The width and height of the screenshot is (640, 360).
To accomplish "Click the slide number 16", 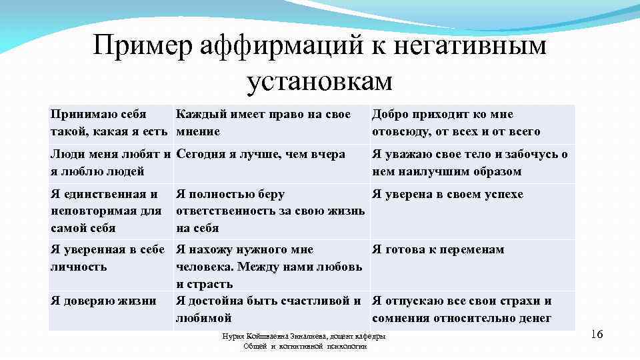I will pyautogui.click(x=597, y=333).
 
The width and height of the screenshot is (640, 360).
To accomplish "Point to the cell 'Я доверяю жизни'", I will pyautogui.click(x=103, y=301).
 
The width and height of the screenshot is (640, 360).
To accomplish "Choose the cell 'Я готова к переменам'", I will pyautogui.click(x=438, y=249).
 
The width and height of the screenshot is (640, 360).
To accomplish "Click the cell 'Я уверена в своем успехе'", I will pyautogui.click(x=447, y=194).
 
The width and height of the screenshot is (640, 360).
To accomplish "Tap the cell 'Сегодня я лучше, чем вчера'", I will pyautogui.click(x=261, y=154).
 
